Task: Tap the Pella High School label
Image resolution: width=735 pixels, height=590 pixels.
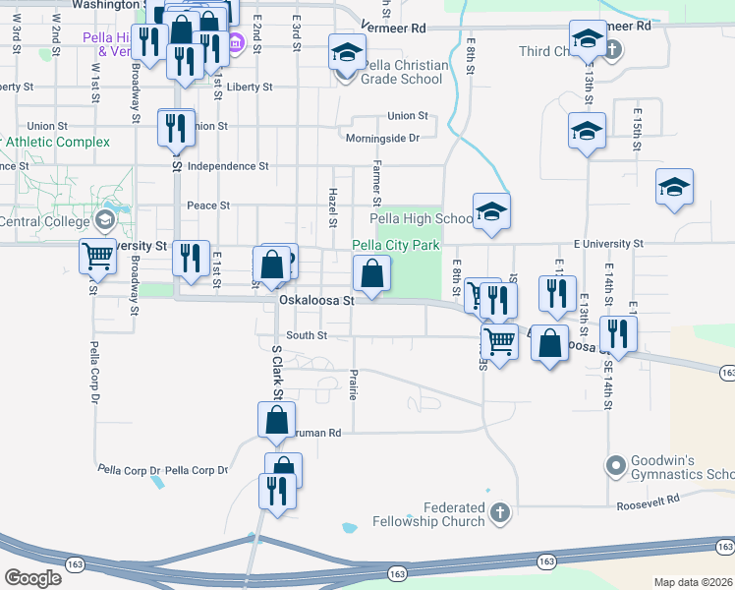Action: (x=422, y=218)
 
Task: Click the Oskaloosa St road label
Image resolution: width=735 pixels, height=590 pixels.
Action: (x=315, y=301)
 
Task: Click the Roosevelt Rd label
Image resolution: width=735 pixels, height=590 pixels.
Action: (x=648, y=501)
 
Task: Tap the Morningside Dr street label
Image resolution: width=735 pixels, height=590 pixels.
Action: (x=382, y=139)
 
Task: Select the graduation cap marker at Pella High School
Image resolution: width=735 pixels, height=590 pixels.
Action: (x=491, y=211)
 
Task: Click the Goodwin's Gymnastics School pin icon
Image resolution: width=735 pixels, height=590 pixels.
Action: (x=616, y=464)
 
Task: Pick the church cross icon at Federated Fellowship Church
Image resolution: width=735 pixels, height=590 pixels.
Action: (x=500, y=512)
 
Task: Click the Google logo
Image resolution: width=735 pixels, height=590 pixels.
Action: (x=33, y=578)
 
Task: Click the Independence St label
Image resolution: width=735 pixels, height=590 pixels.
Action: (x=227, y=166)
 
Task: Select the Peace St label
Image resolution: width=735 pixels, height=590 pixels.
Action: (x=208, y=206)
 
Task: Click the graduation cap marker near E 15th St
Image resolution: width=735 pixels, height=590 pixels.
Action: (x=675, y=187)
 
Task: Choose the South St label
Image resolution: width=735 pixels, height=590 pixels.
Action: (x=307, y=335)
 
